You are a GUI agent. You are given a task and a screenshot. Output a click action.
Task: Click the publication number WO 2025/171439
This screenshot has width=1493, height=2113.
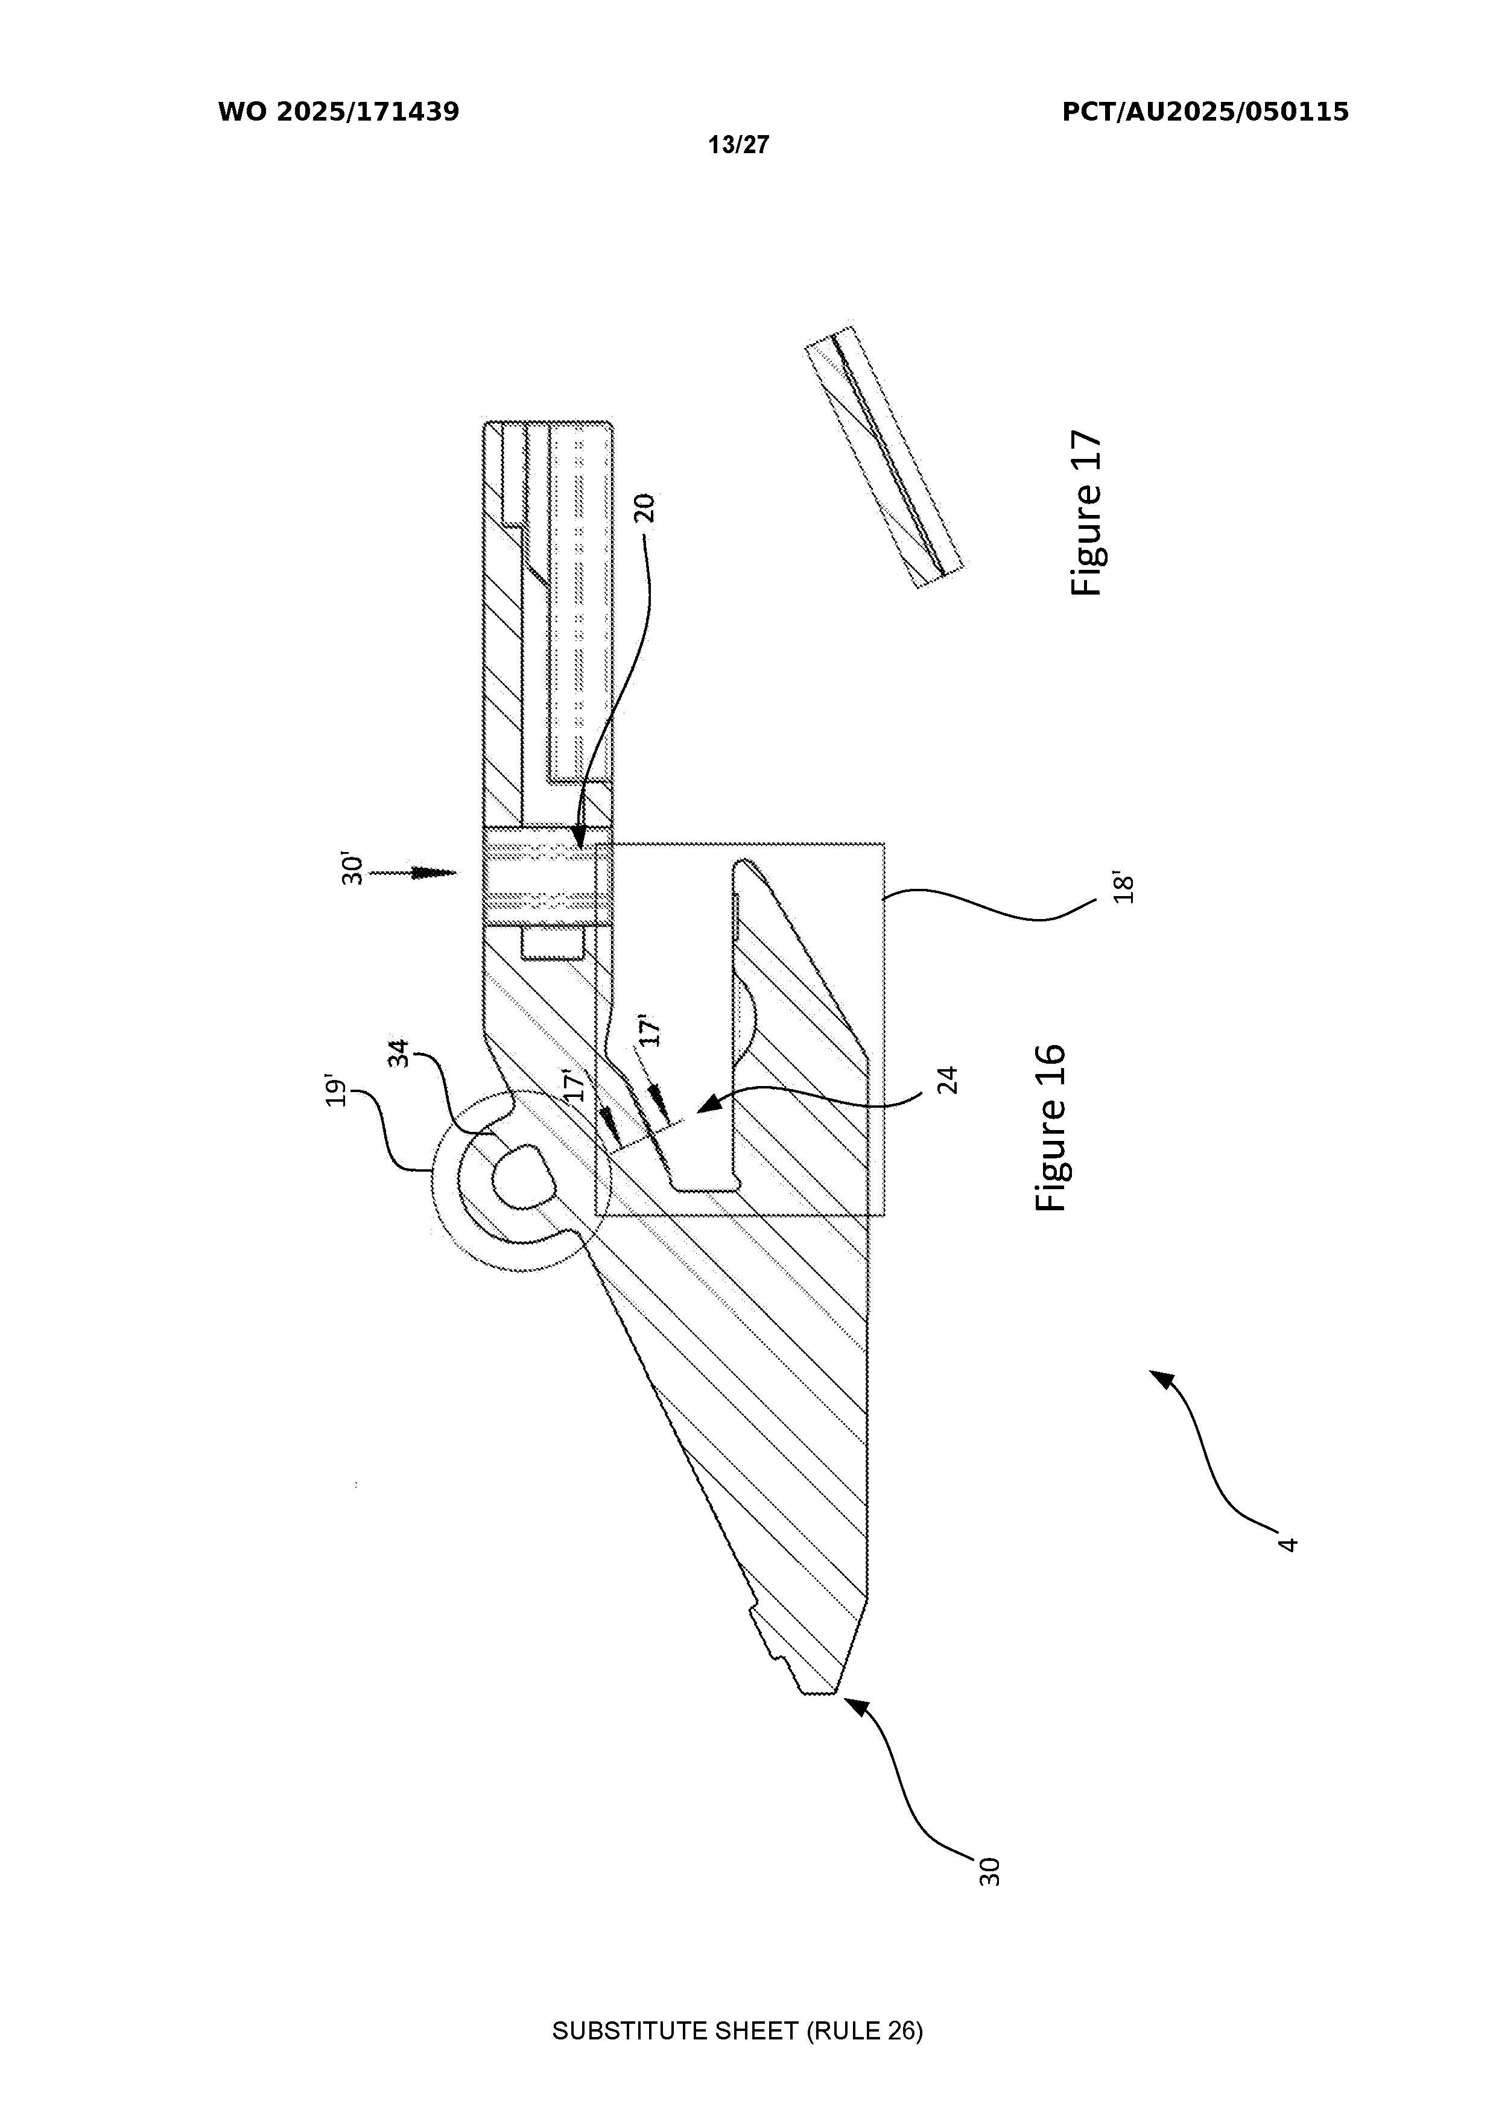pyautogui.click(x=339, y=112)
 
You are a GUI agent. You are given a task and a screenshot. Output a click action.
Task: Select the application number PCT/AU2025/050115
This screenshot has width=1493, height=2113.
pyautogui.click(x=1206, y=112)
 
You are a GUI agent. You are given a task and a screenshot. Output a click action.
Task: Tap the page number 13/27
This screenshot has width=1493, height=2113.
pyautogui.click(x=738, y=145)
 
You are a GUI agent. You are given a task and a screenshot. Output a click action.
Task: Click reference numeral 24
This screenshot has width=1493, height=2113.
pyautogui.click(x=949, y=1079)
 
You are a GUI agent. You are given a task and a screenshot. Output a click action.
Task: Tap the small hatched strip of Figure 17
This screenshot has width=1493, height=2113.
pyautogui.click(x=884, y=457)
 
